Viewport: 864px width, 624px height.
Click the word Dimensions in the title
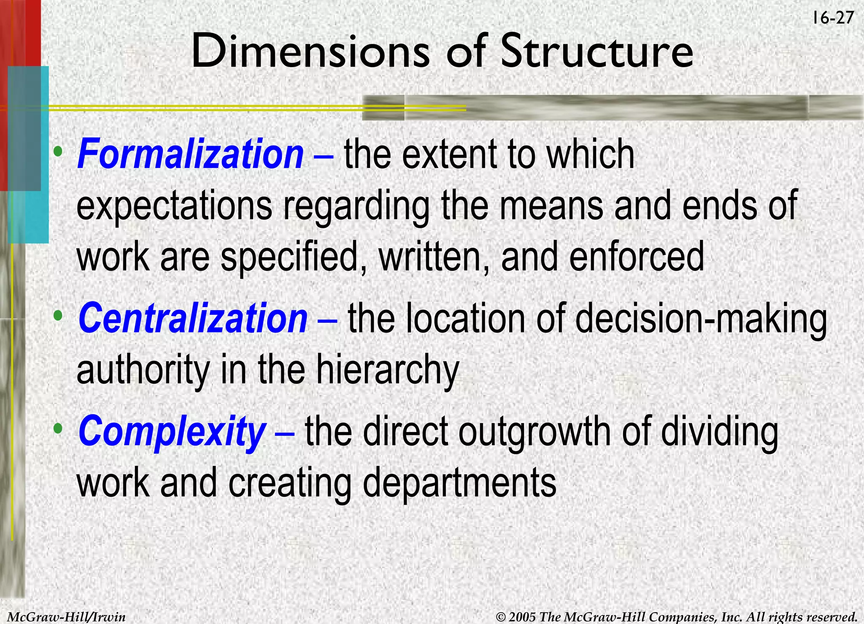(x=310, y=51)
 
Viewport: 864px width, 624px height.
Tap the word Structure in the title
(x=597, y=51)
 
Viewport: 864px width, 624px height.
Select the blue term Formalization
(x=190, y=154)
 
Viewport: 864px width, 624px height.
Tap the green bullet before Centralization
(x=59, y=315)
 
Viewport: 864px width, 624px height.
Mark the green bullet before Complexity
(x=59, y=429)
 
